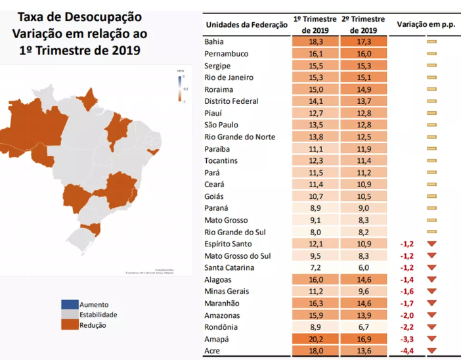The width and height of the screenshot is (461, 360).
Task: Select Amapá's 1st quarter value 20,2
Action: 314,339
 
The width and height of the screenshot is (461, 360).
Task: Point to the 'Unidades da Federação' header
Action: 247,25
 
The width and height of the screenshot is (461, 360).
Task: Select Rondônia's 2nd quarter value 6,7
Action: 363,327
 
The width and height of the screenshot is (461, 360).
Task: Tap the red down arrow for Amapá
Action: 431,339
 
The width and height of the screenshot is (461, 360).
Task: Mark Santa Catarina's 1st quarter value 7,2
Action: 314,267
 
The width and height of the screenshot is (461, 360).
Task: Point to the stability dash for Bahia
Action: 431,41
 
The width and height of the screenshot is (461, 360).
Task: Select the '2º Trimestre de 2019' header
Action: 363,25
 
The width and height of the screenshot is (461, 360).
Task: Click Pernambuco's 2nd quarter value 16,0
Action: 363,53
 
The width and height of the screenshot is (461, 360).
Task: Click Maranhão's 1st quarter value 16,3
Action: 314,304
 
